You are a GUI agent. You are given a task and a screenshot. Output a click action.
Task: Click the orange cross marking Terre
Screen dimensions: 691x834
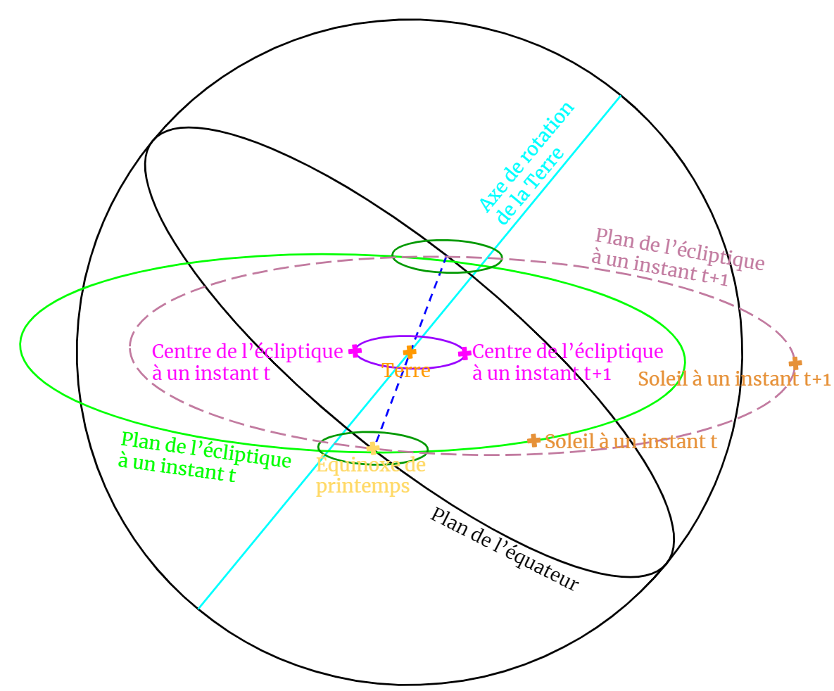pyautogui.click(x=410, y=351)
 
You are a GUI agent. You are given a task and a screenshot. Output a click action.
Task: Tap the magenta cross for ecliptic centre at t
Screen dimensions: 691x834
pyautogui.click(x=355, y=350)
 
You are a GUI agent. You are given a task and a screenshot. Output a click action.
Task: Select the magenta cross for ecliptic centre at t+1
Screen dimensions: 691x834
pyautogui.click(x=465, y=354)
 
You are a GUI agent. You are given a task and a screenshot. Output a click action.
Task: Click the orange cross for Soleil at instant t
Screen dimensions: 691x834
pyautogui.click(x=533, y=440)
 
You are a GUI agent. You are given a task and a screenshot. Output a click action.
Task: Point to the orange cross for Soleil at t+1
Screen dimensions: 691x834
pyautogui.click(x=795, y=363)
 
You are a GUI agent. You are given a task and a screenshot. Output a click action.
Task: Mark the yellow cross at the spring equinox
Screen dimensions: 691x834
pyautogui.click(x=373, y=448)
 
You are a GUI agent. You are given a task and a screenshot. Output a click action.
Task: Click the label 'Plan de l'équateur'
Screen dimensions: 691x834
pyautogui.click(x=504, y=550)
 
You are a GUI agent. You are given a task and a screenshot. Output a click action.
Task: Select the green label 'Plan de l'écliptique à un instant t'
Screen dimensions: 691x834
pyautogui.click(x=203, y=458)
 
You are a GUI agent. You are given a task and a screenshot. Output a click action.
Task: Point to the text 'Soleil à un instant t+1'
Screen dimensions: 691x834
pyautogui.click(x=734, y=380)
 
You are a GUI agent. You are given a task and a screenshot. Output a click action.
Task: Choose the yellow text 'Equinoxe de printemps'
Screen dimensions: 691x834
pyautogui.click(x=370, y=475)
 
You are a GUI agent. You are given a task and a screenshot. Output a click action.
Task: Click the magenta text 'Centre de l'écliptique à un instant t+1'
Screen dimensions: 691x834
pyautogui.click(x=567, y=362)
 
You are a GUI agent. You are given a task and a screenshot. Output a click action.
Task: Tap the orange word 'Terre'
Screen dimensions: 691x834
pyautogui.click(x=406, y=370)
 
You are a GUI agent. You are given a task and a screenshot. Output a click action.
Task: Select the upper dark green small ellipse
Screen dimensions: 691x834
pyautogui.click(x=447, y=241)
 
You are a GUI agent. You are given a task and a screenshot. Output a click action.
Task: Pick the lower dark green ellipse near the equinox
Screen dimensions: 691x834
pyautogui.click(x=373, y=433)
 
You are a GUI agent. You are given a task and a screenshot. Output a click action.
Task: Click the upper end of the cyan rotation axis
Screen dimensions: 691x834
pyautogui.click(x=620, y=96)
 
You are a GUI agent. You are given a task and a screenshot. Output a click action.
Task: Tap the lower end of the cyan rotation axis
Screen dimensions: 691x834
pyautogui.click(x=199, y=608)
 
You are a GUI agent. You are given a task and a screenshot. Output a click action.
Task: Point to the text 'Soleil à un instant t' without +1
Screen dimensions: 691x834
pyautogui.click(x=631, y=442)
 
